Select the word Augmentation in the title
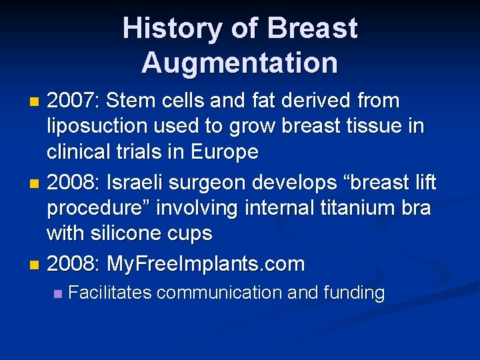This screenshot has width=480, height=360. click(239, 63)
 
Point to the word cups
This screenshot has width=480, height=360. click(189, 233)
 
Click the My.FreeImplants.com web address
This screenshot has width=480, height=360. click(206, 264)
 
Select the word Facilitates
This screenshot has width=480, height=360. click(109, 293)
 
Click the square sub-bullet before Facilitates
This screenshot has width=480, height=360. click(58, 293)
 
